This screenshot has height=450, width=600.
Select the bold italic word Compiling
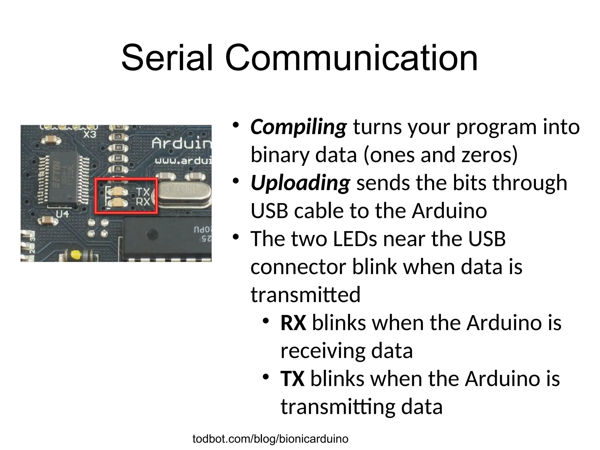tap(298, 127)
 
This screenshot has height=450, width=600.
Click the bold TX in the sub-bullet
tap(292, 379)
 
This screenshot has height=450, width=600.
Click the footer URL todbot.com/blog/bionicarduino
tap(270, 439)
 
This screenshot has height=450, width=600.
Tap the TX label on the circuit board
tap(143, 192)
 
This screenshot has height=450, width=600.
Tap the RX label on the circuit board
tap(143, 202)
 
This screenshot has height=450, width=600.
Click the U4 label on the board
tap(62, 214)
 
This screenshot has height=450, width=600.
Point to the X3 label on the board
tap(90, 134)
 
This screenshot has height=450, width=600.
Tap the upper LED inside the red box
tap(118, 192)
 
